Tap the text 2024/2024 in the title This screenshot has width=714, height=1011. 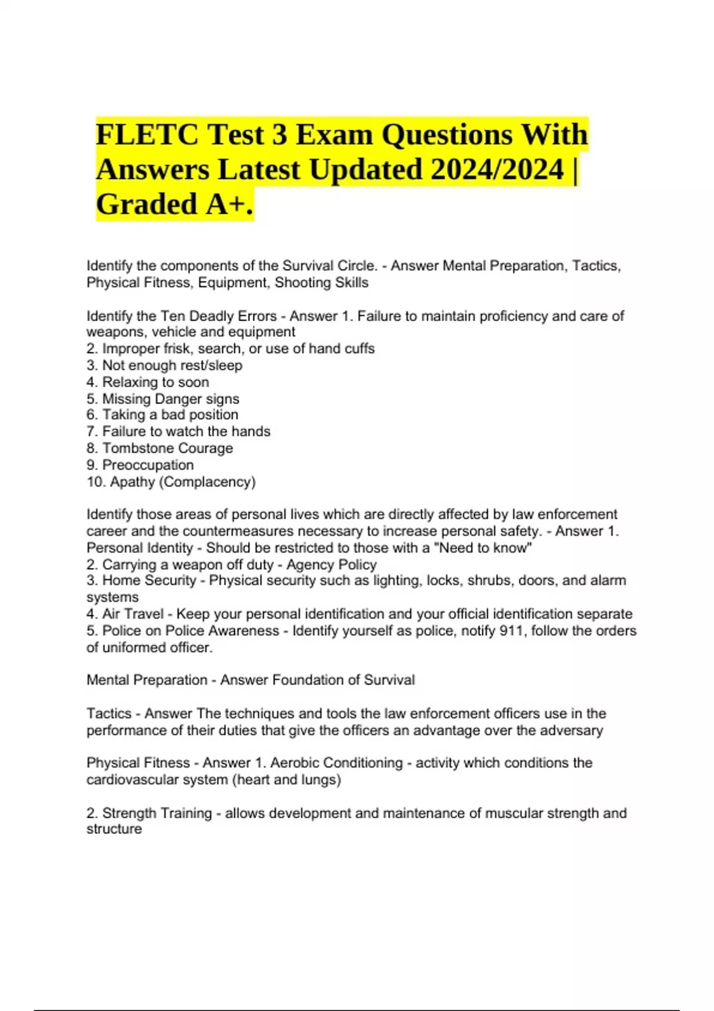point(497,169)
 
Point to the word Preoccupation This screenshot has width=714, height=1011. point(148,465)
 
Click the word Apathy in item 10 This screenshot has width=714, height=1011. point(132,482)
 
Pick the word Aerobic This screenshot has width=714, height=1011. point(295,763)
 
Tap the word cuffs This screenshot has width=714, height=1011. point(359,348)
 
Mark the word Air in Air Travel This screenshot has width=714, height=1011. point(111,614)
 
